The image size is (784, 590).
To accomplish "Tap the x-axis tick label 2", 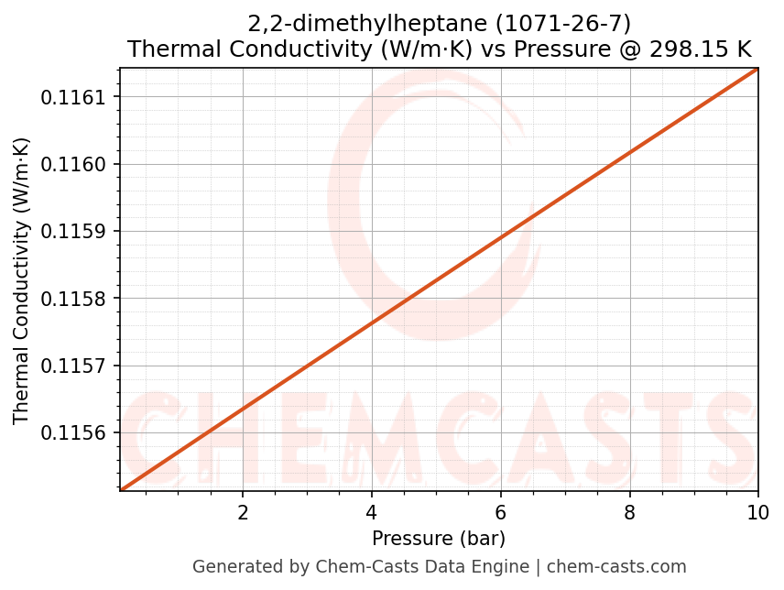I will [x=243, y=512].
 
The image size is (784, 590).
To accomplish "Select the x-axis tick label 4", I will [x=372, y=512].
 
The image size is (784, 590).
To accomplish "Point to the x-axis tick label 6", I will [x=500, y=512].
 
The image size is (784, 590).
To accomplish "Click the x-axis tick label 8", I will [x=629, y=512].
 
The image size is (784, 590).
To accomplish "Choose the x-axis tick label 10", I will [x=757, y=512].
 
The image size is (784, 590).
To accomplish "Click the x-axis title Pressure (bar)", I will [x=439, y=538].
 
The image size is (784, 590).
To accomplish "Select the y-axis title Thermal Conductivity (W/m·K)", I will [x=22, y=280].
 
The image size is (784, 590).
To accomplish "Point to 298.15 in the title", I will [x=689, y=49].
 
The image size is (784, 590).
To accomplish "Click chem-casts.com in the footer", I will [x=616, y=566].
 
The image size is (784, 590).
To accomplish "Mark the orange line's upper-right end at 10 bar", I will [x=757, y=69].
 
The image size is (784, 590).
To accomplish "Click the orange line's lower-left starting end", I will [x=121, y=490].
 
